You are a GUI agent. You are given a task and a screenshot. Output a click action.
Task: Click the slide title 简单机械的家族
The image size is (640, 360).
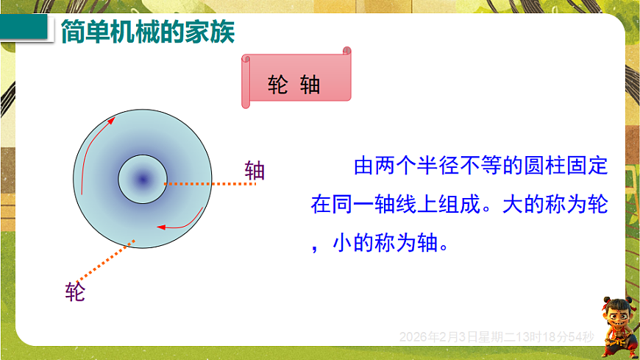click(147, 32)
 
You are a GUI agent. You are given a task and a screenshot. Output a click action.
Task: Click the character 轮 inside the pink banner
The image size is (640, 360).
click(277, 85)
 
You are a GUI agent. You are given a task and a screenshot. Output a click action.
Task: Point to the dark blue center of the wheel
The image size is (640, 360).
click(143, 179)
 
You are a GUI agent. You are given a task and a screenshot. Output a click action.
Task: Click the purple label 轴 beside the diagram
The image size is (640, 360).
click(255, 172)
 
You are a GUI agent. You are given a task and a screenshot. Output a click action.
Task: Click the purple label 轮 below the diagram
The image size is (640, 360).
click(75, 292)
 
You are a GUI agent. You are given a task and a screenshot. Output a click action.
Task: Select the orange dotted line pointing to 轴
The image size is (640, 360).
click(210, 183)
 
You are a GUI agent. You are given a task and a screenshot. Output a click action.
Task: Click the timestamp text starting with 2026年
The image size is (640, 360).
click(497, 336)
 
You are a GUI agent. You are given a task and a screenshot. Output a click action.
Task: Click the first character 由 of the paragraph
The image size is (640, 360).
click(363, 166)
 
